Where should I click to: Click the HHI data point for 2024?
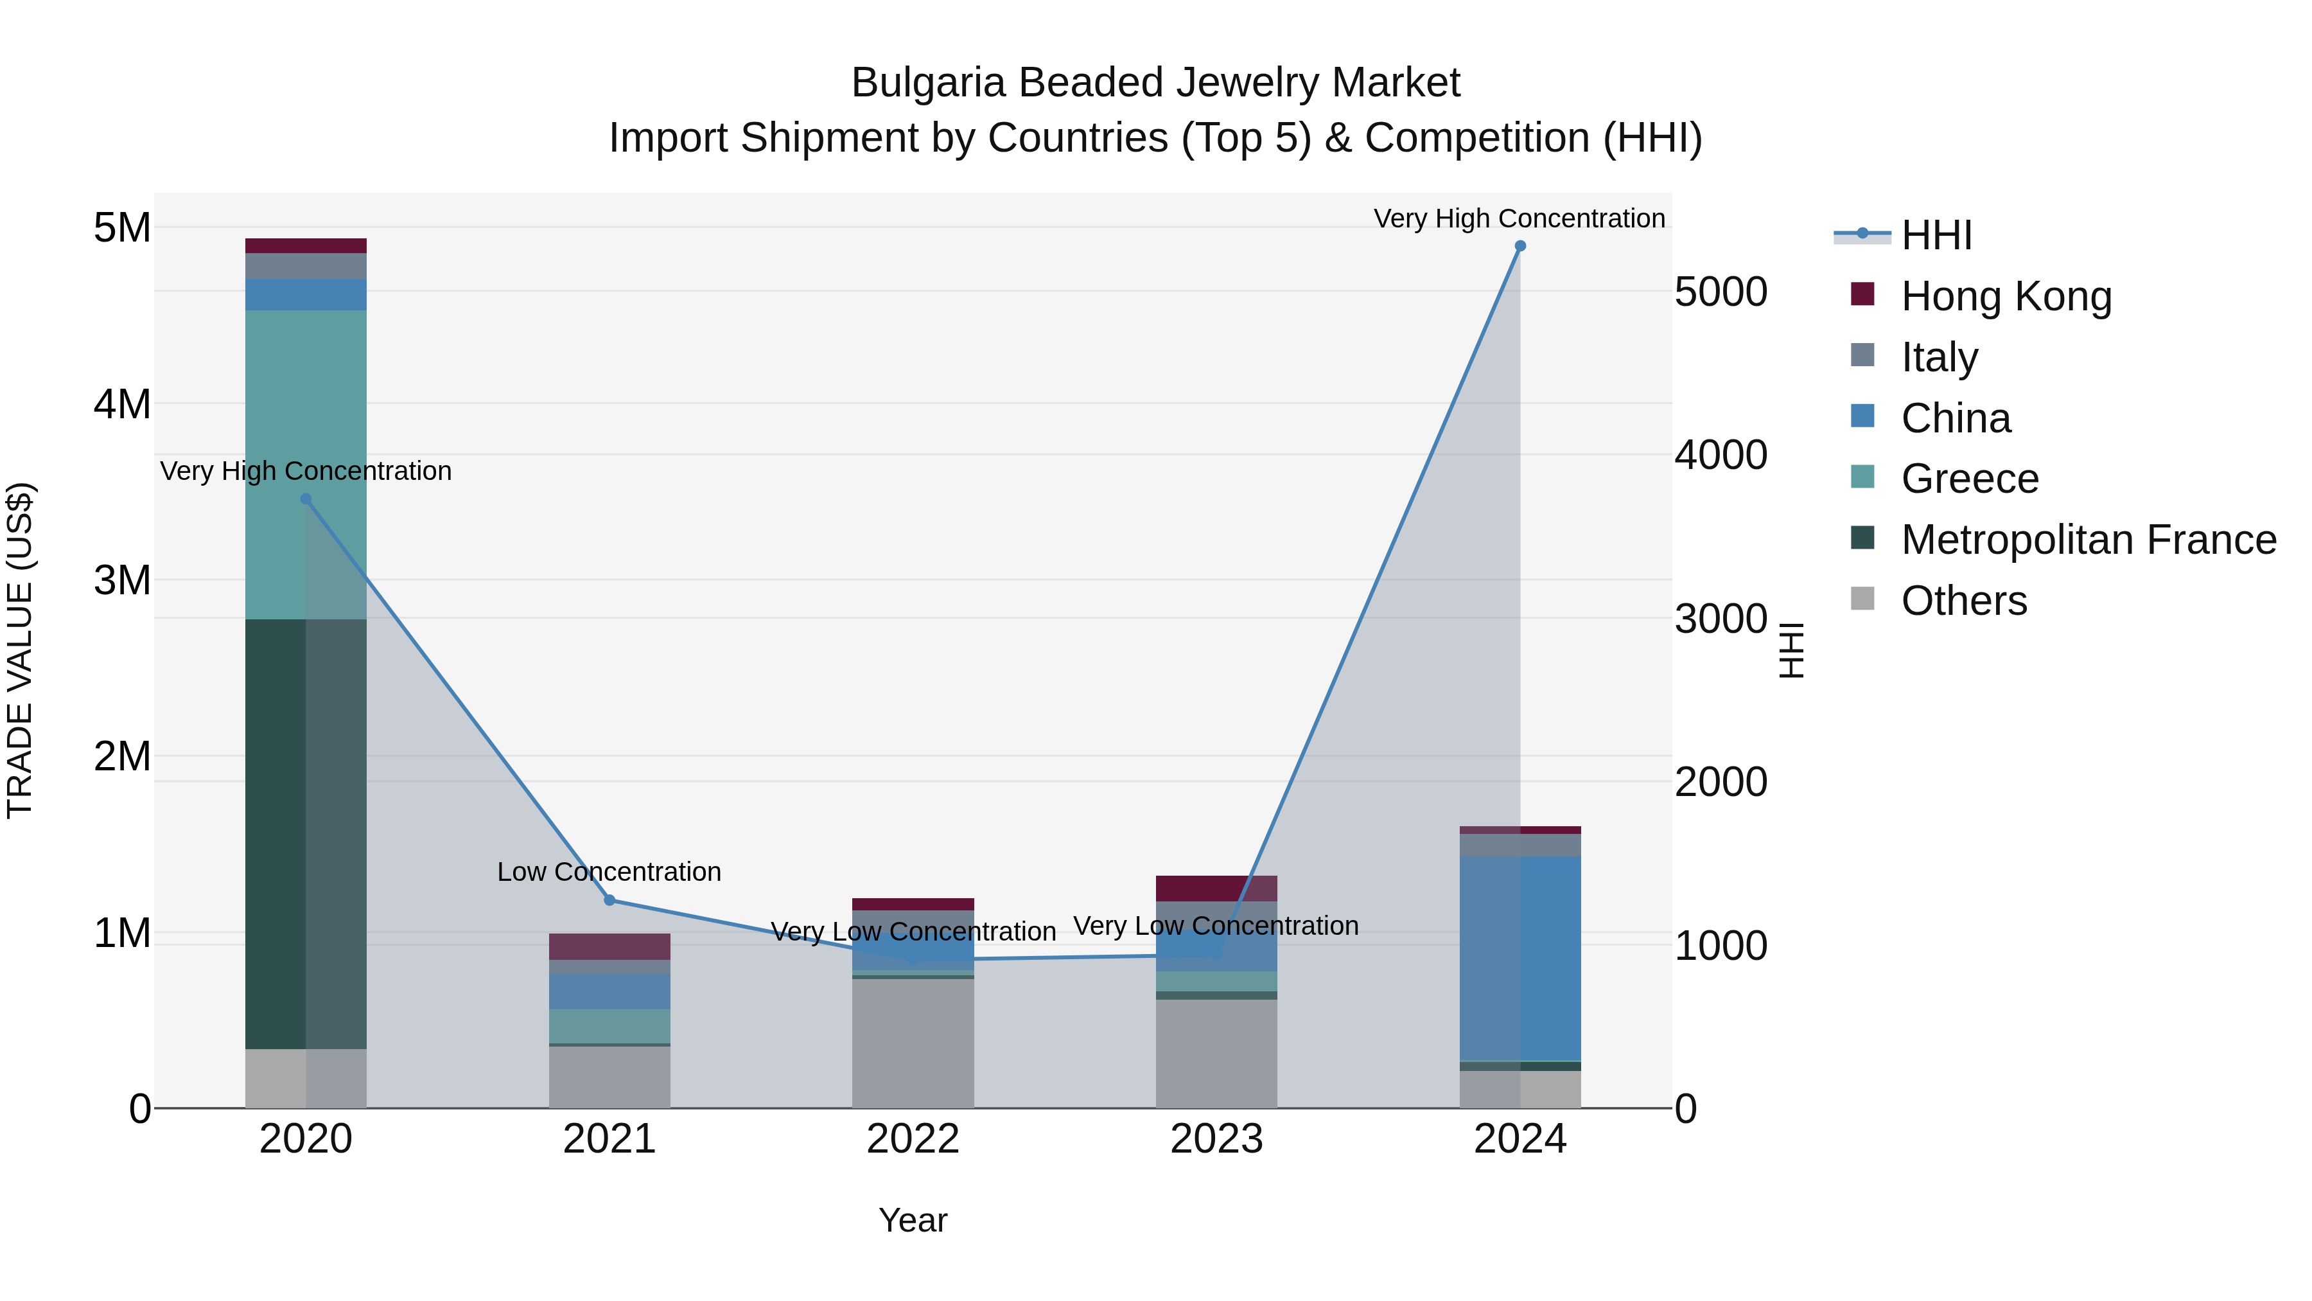point(1519,246)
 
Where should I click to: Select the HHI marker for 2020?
point(306,499)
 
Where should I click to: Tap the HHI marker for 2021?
point(609,899)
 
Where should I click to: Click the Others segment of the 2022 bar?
point(913,1043)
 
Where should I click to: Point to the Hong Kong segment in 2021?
point(609,946)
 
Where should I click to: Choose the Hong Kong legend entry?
point(2006,296)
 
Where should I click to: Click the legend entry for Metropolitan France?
point(2088,540)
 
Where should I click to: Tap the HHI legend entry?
point(1936,235)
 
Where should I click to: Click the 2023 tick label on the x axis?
point(1216,1139)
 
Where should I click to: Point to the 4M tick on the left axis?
point(122,404)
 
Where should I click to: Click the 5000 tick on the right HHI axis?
point(1720,293)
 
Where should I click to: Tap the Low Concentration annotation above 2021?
point(609,872)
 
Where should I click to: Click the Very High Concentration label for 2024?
point(1519,218)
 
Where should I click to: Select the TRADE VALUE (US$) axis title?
point(20,650)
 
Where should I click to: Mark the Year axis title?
point(913,1220)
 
